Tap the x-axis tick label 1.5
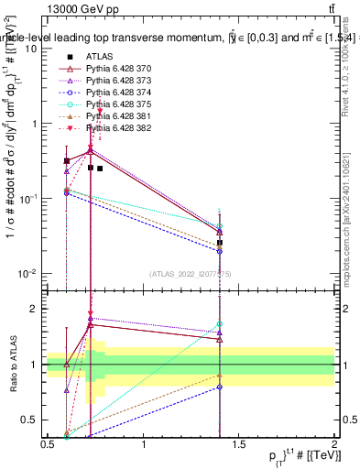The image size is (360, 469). [238, 444]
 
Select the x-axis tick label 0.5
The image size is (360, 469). [49, 444]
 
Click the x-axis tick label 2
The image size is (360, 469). [333, 444]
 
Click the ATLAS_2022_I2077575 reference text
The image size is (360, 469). [191, 272]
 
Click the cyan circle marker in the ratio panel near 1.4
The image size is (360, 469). [220, 323]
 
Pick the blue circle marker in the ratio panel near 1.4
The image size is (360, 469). [220, 387]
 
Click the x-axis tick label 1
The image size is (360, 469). [144, 444]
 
